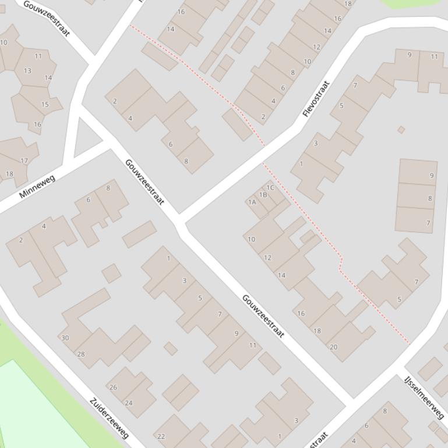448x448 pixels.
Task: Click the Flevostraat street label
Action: (x=316, y=99)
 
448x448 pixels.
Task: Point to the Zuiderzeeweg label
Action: (x=110, y=418)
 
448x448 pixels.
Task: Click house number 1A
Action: (x=252, y=202)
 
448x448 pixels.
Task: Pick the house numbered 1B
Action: (x=263, y=195)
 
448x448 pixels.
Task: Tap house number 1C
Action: (x=270, y=187)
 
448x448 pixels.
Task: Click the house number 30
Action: (x=65, y=338)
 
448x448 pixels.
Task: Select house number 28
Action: (x=81, y=354)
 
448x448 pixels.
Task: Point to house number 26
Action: (x=113, y=387)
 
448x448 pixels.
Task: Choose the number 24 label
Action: (x=128, y=403)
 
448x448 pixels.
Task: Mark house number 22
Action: (x=161, y=436)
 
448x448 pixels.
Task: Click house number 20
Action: (x=333, y=347)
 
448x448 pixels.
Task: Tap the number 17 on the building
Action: (x=24, y=161)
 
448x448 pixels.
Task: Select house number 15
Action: (x=45, y=105)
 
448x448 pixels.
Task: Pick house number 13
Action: (x=27, y=71)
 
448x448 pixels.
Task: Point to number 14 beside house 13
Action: (x=48, y=77)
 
